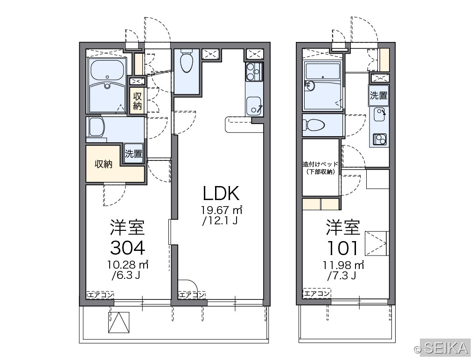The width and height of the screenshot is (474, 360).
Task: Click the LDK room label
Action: point(221,194)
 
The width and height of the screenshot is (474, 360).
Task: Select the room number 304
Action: point(127,248)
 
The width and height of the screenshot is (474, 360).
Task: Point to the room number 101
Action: point(343,248)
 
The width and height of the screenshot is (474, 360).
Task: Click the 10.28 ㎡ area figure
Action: point(127,265)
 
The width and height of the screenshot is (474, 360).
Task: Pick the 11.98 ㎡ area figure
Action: point(343,265)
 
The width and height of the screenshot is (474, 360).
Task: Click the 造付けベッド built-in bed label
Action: point(321,165)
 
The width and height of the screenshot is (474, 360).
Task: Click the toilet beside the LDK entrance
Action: point(186,62)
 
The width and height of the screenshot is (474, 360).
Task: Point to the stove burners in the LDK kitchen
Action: point(254,72)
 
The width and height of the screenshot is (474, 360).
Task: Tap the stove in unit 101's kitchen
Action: point(379,139)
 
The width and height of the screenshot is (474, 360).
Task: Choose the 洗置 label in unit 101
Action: point(378,96)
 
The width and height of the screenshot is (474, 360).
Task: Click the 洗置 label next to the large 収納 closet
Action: point(133,153)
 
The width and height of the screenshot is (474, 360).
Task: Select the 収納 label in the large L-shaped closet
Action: point(104,164)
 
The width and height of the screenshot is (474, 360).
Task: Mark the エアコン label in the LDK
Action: point(192,295)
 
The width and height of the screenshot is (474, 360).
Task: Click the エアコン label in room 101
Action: point(316,293)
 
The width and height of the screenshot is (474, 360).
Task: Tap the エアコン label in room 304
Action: point(100,295)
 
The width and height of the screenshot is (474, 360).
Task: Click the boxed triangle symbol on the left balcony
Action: point(119,323)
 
